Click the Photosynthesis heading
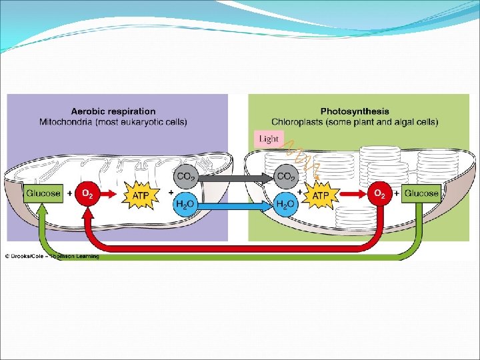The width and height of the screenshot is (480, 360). (x=355, y=111)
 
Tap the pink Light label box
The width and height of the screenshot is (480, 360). (x=269, y=139)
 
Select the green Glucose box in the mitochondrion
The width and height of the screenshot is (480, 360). (x=43, y=194)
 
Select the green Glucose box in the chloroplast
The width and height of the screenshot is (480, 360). (x=421, y=194)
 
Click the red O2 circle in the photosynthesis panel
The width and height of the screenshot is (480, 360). (x=379, y=194)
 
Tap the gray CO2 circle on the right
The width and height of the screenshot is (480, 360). (x=286, y=177)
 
